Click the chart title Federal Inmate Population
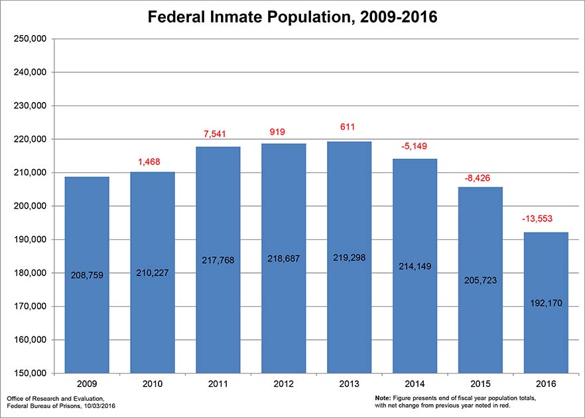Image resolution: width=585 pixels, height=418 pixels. tap(292, 17)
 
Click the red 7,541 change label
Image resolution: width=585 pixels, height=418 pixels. tap(218, 134)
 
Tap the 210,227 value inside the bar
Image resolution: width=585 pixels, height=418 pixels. tap(152, 272)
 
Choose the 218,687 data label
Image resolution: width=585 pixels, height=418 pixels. tap(283, 259)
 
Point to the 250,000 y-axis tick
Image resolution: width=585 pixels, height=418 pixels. tap(30, 38)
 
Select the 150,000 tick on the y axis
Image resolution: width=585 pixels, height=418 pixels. tap(30, 374)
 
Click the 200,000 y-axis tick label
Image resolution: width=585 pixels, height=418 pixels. tap(30, 206)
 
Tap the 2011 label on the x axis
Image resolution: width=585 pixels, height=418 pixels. tap(218, 384)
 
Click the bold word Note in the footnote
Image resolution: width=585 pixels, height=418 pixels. tap(383, 397)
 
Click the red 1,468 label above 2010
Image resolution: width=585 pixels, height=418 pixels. tap(152, 162)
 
